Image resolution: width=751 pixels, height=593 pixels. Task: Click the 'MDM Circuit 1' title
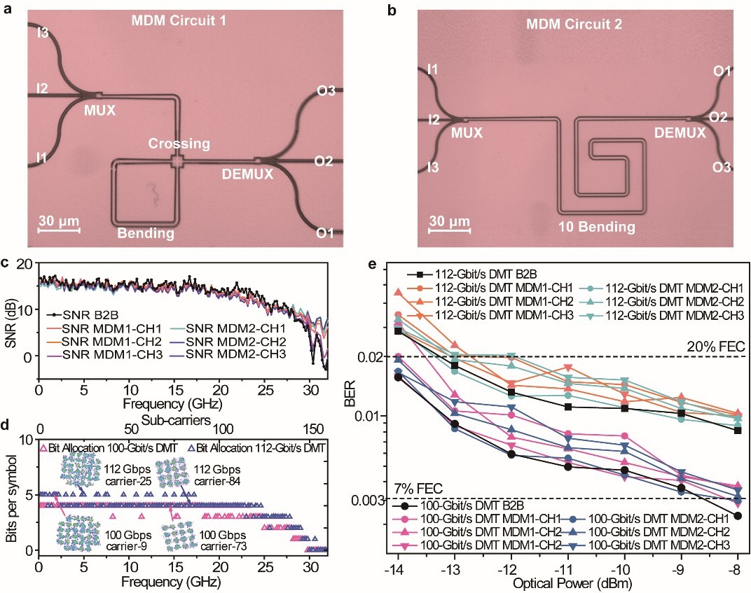click(179, 22)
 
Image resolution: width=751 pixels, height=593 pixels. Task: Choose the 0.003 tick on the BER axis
click(372, 499)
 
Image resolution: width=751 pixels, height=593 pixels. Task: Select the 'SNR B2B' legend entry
click(92, 314)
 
